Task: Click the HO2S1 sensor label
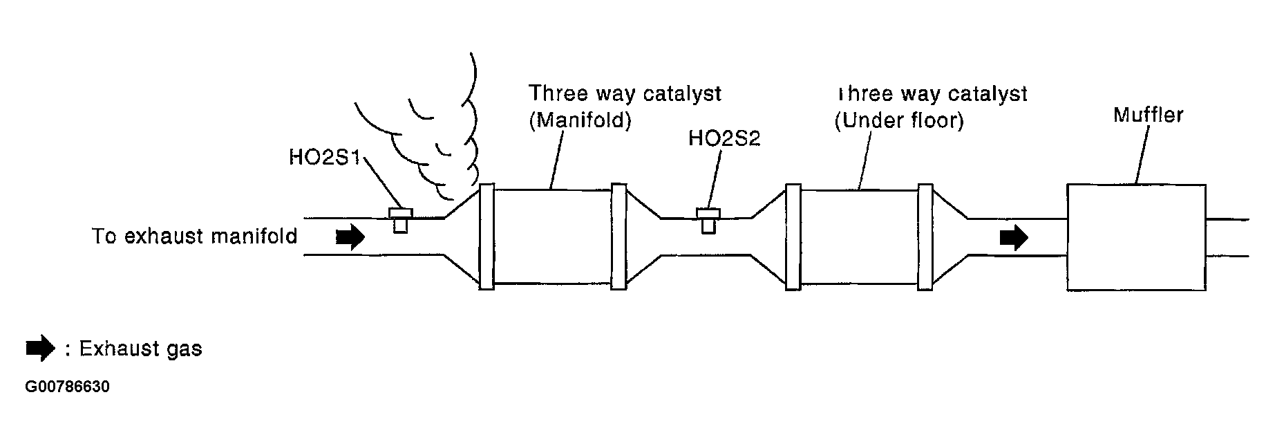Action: (x=324, y=158)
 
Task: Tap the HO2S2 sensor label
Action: (x=724, y=138)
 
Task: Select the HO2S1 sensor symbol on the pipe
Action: (x=400, y=219)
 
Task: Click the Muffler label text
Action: (x=1148, y=115)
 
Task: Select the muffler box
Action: (x=1136, y=237)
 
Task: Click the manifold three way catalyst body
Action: (x=553, y=236)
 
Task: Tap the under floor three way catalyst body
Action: (x=859, y=236)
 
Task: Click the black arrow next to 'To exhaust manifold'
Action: (x=350, y=237)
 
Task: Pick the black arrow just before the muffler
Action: (x=1013, y=238)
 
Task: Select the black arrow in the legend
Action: (x=40, y=349)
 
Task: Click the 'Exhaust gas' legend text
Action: (x=140, y=349)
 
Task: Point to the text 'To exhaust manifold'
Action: (x=195, y=237)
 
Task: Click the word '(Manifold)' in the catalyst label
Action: (x=580, y=121)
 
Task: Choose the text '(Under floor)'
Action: (x=899, y=121)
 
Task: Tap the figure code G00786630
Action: (x=67, y=387)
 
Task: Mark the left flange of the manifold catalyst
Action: (x=487, y=237)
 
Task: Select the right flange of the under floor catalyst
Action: (x=925, y=237)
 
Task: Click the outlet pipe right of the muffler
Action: (x=1227, y=238)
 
